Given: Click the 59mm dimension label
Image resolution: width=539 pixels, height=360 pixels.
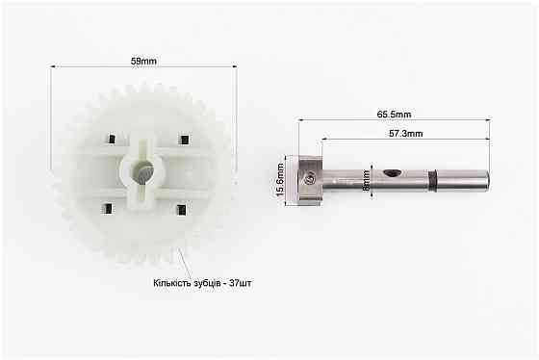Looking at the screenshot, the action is click(x=143, y=62).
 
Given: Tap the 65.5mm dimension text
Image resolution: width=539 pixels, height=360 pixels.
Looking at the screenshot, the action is click(x=394, y=115).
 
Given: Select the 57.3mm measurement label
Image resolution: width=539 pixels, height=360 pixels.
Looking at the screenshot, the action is click(x=406, y=134).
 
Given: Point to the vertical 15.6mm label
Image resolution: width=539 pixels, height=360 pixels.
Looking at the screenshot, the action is click(x=280, y=180).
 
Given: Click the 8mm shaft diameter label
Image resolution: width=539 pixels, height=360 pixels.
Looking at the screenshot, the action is click(x=367, y=181).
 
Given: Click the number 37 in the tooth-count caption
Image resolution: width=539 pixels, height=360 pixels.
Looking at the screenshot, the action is click(x=235, y=283).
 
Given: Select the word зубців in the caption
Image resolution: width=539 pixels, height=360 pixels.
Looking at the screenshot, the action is click(x=207, y=283).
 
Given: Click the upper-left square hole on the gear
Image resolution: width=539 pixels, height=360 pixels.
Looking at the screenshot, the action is click(x=112, y=139).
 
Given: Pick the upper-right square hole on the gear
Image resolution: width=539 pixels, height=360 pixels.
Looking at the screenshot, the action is click(x=185, y=140).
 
